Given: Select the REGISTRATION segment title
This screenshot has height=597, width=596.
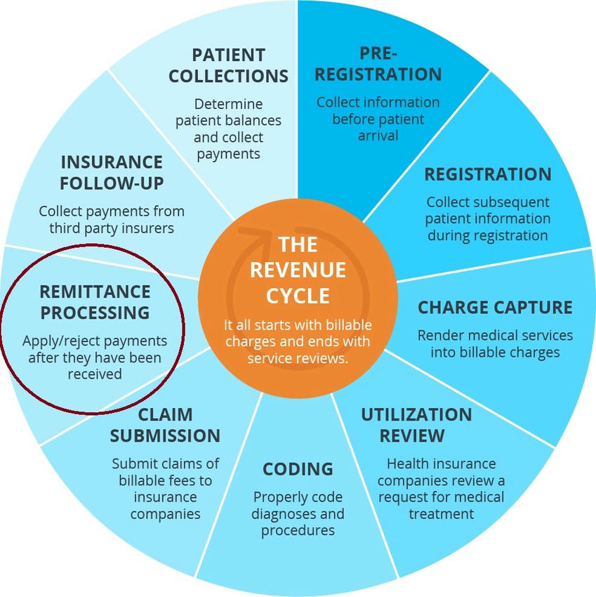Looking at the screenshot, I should pos(488,174).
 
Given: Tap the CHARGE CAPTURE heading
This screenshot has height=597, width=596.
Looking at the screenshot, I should pos(495,308).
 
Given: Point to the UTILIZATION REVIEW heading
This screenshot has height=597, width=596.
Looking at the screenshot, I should pos(416,424).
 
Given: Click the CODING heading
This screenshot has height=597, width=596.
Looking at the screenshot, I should pos(298,469).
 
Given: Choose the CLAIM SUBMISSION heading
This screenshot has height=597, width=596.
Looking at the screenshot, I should pos(165,424).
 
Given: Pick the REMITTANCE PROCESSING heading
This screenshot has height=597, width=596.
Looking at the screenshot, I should pos(95,301).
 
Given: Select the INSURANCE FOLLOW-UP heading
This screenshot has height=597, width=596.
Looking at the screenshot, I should pos(112,173).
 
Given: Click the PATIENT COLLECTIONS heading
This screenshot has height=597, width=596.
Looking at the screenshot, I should pos(229,65).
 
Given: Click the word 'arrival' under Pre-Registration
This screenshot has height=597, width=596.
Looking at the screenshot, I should pos(378,136).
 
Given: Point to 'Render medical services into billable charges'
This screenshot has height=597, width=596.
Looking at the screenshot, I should pos(495,343).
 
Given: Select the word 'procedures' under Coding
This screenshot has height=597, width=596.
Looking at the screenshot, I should pos(298,530).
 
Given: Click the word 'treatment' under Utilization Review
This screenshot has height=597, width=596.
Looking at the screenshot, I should pos(441,513).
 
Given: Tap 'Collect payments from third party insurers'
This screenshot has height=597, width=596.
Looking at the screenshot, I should pos(112,219).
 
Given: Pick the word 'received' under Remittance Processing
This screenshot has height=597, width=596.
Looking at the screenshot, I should pos(95,374).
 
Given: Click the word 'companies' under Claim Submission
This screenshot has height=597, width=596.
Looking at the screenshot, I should pos(166,513).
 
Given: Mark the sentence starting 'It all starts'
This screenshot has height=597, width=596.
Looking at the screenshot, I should pos(298,342).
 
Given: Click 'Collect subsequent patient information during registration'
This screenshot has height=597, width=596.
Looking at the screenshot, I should pos(488,218).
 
